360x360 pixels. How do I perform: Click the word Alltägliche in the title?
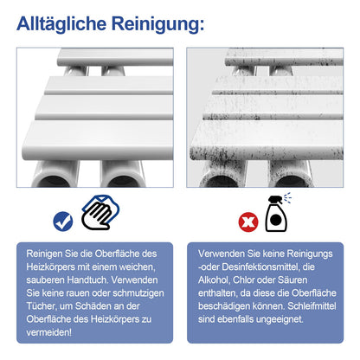(61, 24)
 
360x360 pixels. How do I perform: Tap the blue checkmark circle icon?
(63, 222)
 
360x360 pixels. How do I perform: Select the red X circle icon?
(248, 222)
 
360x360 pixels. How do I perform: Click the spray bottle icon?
(278, 213)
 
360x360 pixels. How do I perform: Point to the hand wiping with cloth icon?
(100, 213)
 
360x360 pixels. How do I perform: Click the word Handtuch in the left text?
(88, 280)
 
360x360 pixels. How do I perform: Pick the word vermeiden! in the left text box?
(49, 332)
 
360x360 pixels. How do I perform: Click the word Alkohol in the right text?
(214, 280)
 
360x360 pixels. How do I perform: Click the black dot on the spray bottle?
(276, 220)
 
